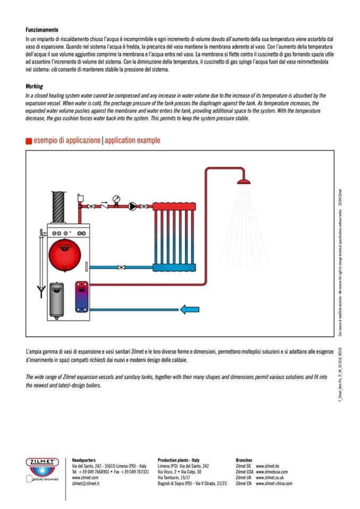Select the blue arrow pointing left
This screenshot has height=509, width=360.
[x=188, y=309]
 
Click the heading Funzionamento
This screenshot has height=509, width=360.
[x=41, y=30]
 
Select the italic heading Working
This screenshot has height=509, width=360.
[x=34, y=86]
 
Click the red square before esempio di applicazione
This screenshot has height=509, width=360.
[x=29, y=141]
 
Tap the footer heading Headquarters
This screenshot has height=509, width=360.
[x=83, y=460]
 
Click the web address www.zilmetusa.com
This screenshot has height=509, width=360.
[x=271, y=471]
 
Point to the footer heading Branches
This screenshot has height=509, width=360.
[x=244, y=460]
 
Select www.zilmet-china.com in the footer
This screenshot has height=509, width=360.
[x=274, y=484]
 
